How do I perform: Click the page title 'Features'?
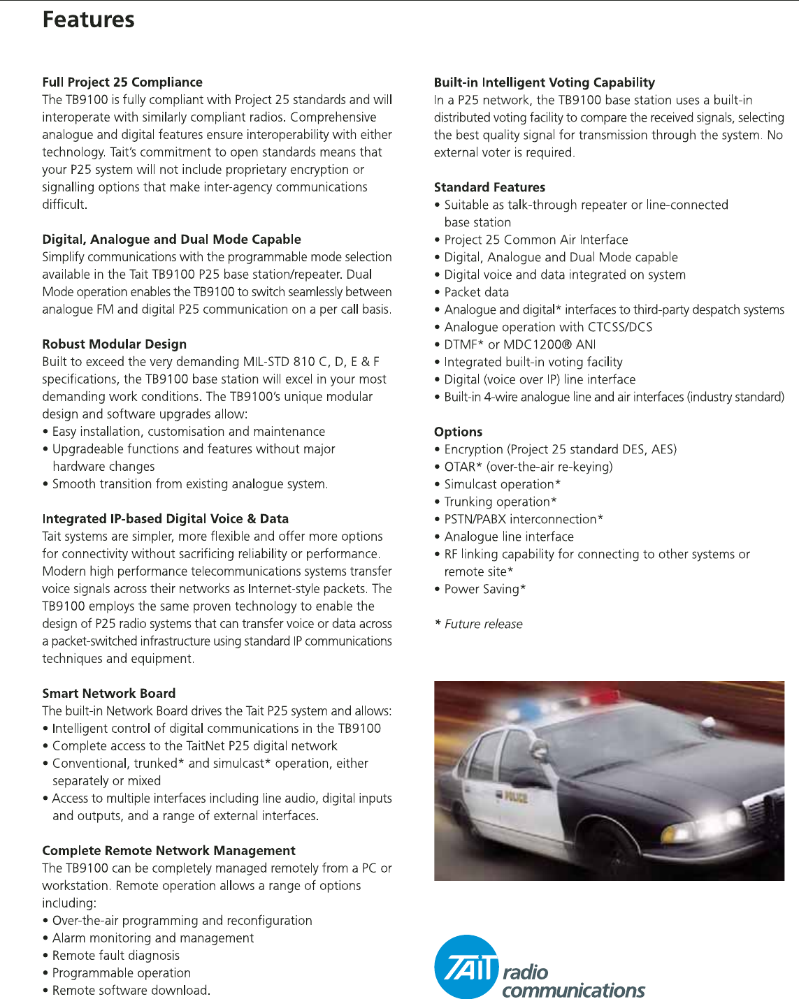(x=88, y=20)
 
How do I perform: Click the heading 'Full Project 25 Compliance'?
(x=122, y=82)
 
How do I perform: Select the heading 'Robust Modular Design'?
(x=114, y=344)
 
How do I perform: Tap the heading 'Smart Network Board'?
(x=108, y=694)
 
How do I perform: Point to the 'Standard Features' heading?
(x=489, y=187)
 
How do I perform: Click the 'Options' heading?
(x=458, y=432)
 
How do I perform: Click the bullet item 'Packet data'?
(x=476, y=292)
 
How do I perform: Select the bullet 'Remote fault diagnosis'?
(x=115, y=956)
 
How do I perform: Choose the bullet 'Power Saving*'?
(x=484, y=589)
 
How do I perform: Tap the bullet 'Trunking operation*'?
(x=500, y=502)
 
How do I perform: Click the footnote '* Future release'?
(x=479, y=624)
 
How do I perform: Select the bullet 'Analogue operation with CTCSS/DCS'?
(x=548, y=327)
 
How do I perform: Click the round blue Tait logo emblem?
(x=466, y=968)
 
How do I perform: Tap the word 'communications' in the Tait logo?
(x=573, y=990)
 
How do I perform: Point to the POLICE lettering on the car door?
(x=516, y=796)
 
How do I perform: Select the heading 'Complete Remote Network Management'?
(x=168, y=851)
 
